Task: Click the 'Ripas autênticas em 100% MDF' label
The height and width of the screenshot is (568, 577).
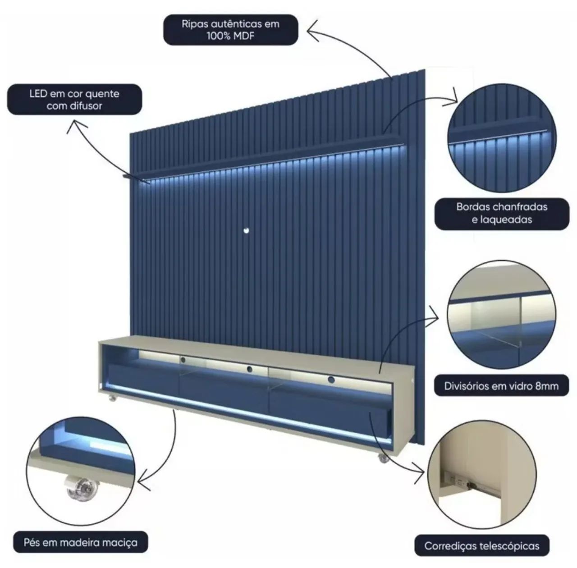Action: click(x=230, y=30)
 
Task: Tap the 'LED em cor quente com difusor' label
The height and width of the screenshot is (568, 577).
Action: click(x=74, y=100)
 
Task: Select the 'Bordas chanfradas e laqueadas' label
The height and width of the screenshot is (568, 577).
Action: click(x=502, y=214)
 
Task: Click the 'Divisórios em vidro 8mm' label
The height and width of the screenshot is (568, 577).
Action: click(x=501, y=386)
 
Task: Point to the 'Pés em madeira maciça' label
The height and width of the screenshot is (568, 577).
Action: click(x=81, y=542)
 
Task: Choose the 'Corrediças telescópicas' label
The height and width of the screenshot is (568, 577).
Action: click(x=482, y=546)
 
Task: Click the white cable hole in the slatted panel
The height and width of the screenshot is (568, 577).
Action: click(x=246, y=230)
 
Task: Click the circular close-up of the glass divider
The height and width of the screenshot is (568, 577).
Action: click(x=502, y=315)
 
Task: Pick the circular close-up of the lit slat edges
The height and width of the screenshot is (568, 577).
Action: click(x=502, y=138)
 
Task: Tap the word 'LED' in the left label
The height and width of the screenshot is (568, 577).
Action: click(x=38, y=94)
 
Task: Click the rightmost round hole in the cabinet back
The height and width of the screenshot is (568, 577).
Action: click(x=331, y=380)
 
